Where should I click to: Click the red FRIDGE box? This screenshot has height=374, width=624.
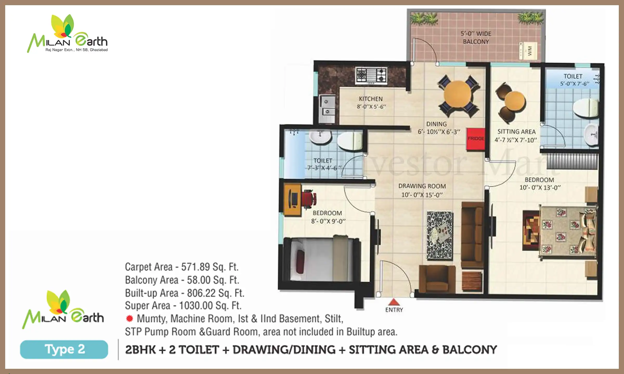click(476, 139)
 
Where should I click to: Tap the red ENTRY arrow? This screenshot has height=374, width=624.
click(394, 302)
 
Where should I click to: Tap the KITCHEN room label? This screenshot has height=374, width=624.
click(371, 99)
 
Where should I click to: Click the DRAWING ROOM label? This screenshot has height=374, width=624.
click(422, 186)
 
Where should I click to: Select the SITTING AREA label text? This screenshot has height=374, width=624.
click(516, 132)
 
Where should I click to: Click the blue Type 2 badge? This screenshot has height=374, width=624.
click(64, 349)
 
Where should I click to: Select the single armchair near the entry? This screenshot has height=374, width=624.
click(437, 279)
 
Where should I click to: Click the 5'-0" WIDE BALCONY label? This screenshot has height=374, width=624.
click(476, 38)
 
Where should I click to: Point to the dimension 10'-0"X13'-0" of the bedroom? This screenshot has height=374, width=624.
click(540, 188)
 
